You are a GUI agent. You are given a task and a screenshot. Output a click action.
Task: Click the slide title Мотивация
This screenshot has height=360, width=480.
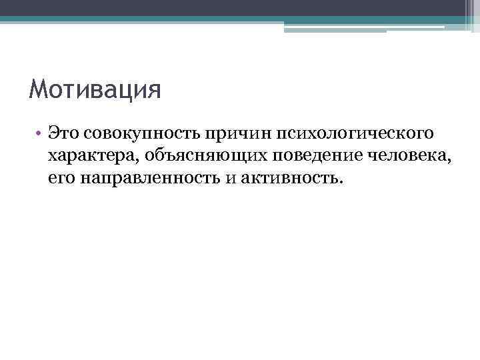point(95,89)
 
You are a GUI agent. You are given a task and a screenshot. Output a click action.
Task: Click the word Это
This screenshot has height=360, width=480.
point(63,135)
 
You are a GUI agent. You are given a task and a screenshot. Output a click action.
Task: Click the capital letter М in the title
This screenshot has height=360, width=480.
point(39,89)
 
